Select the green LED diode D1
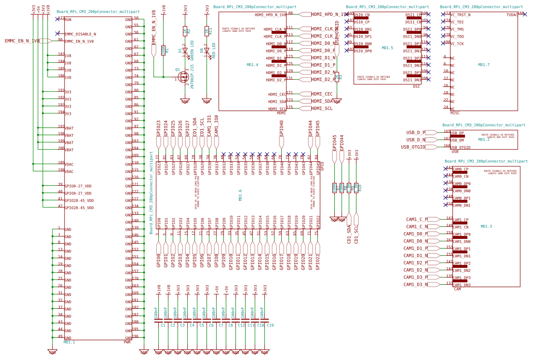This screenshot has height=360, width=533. tap(185, 50)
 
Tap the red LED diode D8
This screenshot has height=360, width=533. tap(206, 50)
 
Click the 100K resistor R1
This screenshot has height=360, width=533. tap(163, 50)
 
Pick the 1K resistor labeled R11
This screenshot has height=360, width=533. tap(206, 31)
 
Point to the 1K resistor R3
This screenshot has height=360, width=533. tap(337, 77)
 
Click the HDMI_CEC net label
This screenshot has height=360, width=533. tap(322, 94)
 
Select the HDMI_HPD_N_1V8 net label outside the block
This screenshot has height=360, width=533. tap(329, 14)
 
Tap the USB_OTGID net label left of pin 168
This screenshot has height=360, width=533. tap(413, 147)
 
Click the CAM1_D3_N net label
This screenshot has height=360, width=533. tap(415, 285)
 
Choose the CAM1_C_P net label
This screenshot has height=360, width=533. tap(416, 220)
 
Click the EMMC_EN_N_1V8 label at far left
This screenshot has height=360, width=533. tap(22, 41)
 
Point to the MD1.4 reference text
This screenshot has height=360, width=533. tap(252, 65)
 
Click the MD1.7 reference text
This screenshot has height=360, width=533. tap(483, 65)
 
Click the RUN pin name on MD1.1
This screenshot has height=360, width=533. tap(68, 20)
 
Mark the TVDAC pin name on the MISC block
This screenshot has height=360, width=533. tap(512, 15)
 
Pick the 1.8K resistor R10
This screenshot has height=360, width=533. tap(356, 187)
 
